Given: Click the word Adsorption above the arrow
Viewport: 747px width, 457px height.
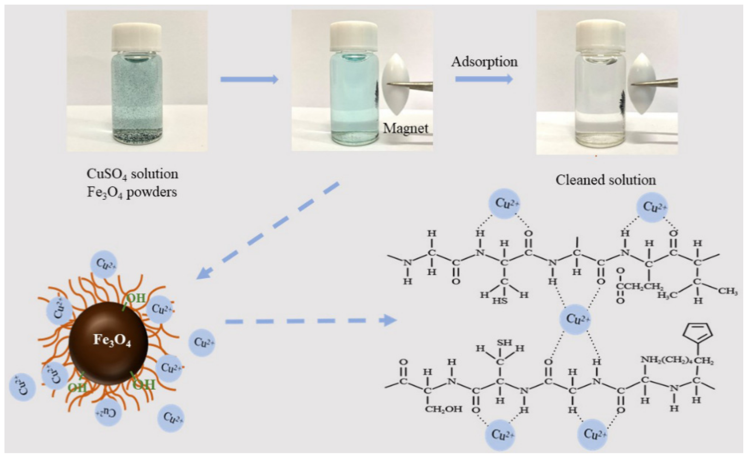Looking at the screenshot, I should tap(484, 62).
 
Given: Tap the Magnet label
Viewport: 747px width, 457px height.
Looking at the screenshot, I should tap(405, 128).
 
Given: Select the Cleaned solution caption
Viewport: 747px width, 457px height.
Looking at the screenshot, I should tap(605, 180).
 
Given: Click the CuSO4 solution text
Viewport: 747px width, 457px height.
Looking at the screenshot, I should tap(132, 174).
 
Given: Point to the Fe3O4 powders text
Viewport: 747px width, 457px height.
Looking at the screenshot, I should tap(132, 192).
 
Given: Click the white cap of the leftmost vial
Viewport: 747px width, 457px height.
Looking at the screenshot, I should tap(137, 37).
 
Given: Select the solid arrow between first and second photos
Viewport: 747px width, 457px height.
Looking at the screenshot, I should tap(249, 79).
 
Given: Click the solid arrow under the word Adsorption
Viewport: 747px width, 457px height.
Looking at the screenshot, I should tap(484, 79).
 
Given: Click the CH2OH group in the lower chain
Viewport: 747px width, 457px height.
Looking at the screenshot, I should tap(443, 409).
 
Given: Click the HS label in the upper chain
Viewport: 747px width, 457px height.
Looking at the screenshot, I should tap(500, 301).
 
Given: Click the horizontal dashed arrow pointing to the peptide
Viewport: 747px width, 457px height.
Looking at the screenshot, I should tap(311, 320).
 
